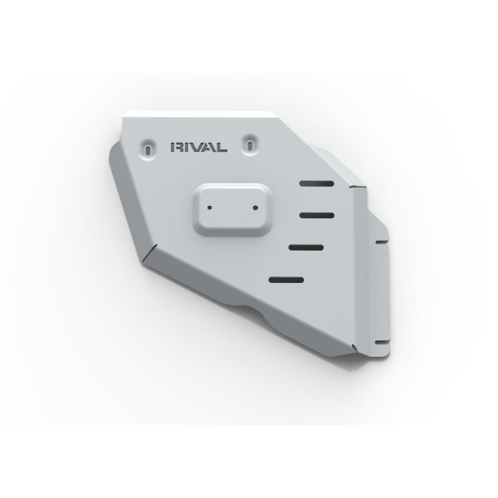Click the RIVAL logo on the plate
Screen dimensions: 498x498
(199, 147)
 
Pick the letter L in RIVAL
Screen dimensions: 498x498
(222, 148)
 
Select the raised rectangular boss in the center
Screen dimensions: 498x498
(232, 210)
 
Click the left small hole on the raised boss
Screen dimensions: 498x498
(210, 208)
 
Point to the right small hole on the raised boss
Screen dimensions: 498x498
(256, 208)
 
